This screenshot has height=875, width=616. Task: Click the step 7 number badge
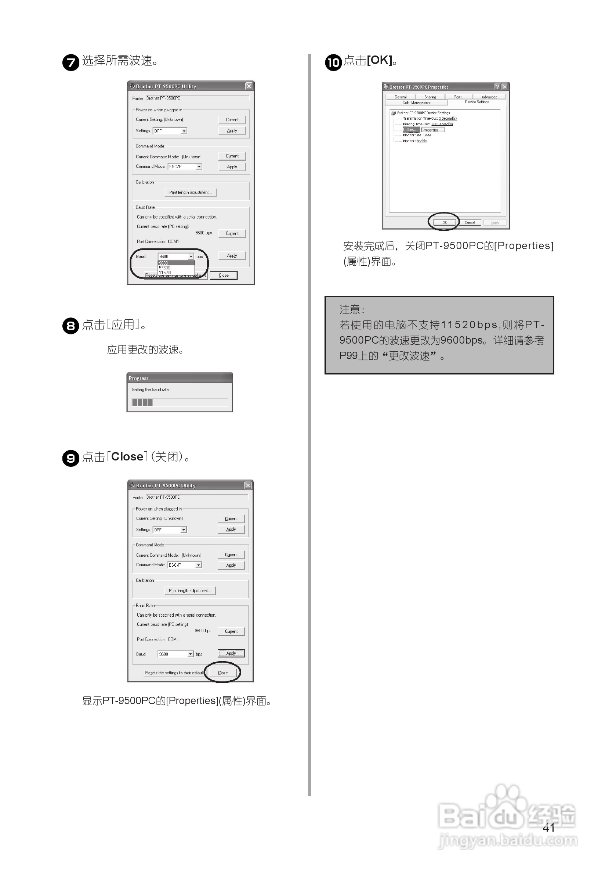(70, 62)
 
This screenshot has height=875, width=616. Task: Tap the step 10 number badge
(333, 62)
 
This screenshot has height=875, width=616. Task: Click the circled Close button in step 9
(223, 673)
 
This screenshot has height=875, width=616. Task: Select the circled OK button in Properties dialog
(444, 222)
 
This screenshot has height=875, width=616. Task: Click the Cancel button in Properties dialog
(470, 222)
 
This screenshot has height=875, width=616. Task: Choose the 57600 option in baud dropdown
(165, 268)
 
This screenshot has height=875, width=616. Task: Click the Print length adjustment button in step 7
(191, 193)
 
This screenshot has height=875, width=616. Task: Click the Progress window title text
(138, 378)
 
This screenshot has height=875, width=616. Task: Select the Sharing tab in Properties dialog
(430, 97)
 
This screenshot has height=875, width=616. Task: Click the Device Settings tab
(477, 102)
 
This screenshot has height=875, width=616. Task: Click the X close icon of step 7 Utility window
(249, 86)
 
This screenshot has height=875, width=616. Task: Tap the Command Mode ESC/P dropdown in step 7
(185, 166)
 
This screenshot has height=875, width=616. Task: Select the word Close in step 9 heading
(127, 456)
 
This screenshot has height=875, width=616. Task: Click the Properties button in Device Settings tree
(432, 130)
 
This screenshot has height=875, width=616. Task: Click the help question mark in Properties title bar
(497, 87)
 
